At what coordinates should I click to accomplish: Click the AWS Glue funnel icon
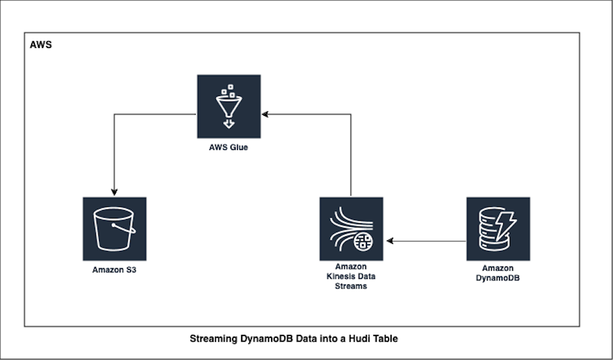pos(229,106)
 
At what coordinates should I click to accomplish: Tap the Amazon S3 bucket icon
pos(114,229)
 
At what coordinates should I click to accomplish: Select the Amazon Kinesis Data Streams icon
pos(351,229)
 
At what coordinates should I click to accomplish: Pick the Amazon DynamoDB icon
pos(498,229)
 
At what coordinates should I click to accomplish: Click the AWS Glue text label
pos(229,148)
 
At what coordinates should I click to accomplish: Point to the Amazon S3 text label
pos(114,270)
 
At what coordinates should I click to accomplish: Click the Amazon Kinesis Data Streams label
pos(351,276)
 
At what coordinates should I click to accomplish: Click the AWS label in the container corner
pos(41,45)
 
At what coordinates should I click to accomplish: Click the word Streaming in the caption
pos(211,339)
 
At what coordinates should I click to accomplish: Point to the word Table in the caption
pos(384,339)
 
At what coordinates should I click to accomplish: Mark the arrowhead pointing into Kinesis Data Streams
pos(390,241)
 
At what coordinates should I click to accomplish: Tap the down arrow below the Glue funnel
pos(229,124)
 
